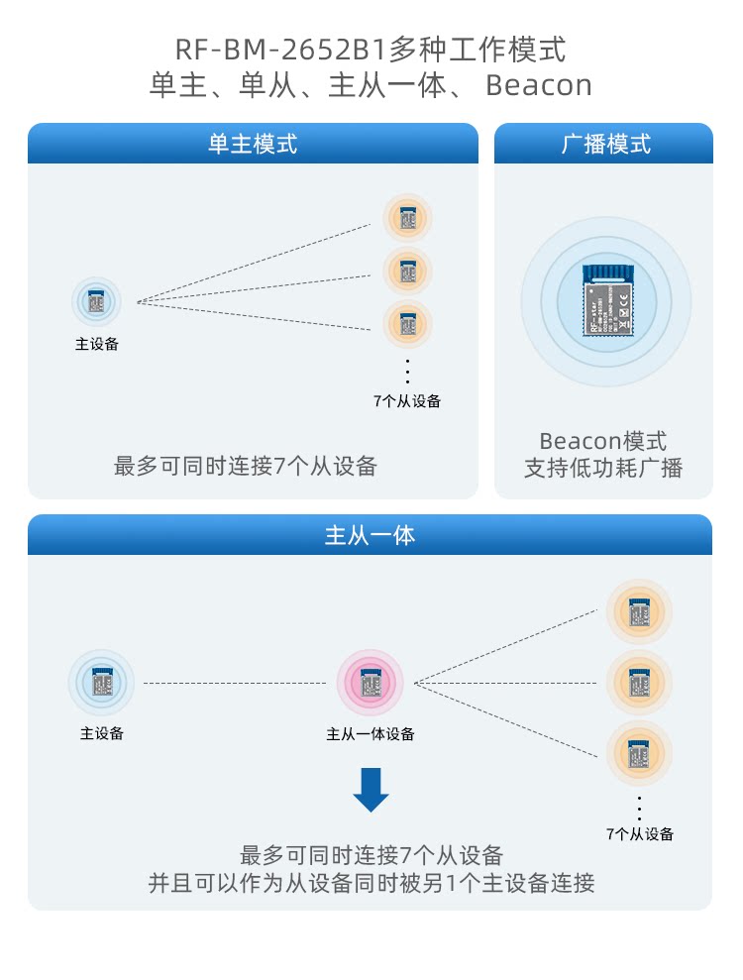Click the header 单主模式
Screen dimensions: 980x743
pyautogui.click(x=252, y=144)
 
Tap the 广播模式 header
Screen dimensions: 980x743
pyautogui.click(x=604, y=144)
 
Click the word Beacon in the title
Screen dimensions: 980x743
pyautogui.click(x=539, y=85)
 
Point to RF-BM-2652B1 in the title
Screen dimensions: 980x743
pyautogui.click(x=281, y=49)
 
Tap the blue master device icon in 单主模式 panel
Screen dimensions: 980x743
pyautogui.click(x=96, y=301)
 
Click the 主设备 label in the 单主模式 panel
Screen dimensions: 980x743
pyautogui.click(x=96, y=344)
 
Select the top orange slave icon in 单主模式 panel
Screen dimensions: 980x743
pyautogui.click(x=407, y=217)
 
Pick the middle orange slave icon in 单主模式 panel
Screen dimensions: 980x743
pyautogui.click(x=407, y=269)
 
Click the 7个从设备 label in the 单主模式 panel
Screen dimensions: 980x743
pyautogui.click(x=407, y=401)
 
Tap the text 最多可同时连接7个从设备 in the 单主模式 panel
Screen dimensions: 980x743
pyautogui.click(x=246, y=466)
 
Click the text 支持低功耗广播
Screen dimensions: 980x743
pyautogui.click(x=603, y=468)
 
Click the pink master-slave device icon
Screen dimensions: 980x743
pyautogui.click(x=371, y=683)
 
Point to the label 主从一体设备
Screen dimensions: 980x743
pyautogui.click(x=371, y=734)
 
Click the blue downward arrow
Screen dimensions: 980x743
pyautogui.click(x=371, y=789)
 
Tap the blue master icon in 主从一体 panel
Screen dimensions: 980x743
pyautogui.click(x=102, y=683)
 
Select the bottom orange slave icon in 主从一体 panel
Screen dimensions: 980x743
pyautogui.click(x=639, y=754)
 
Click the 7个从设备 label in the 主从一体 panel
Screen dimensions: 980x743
pyautogui.click(x=639, y=834)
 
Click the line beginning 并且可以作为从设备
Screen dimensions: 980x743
pyautogui.click(x=371, y=883)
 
